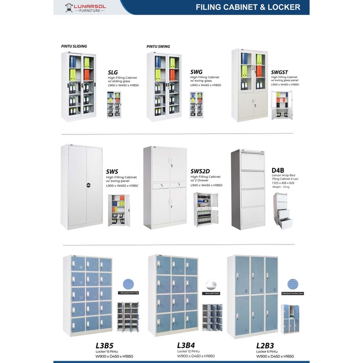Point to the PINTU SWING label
158,46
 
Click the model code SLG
113,73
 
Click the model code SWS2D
200,171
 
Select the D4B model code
278,170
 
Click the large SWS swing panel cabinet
81,187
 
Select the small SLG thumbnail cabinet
114,105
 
